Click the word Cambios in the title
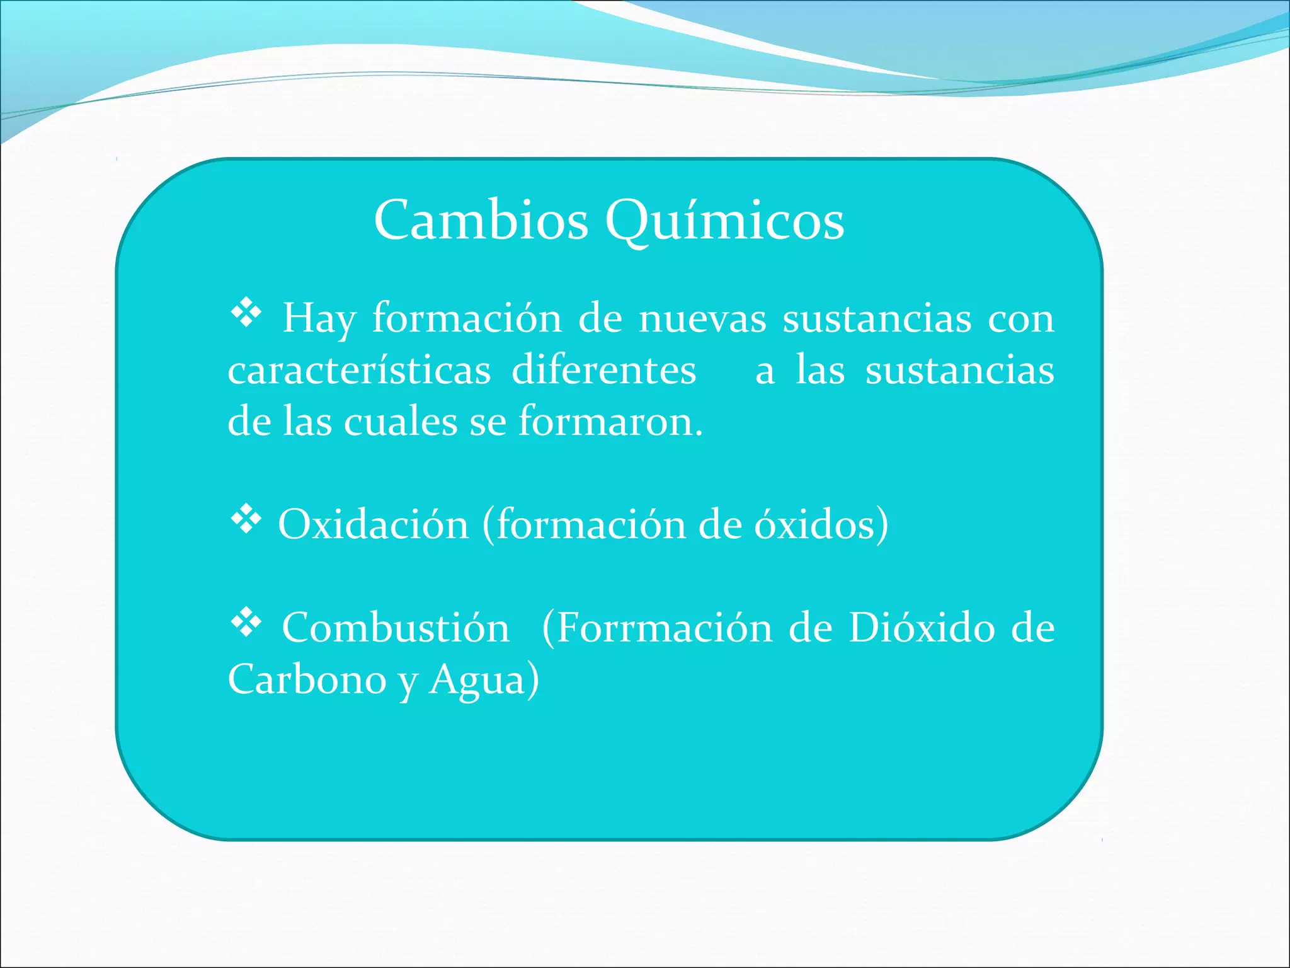point(481,221)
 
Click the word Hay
point(319,318)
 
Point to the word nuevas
point(702,318)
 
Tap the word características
point(359,370)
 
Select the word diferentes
point(603,370)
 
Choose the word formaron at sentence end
point(610,422)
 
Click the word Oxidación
point(374,524)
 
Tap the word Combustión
point(396,628)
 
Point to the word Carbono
point(307,679)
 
